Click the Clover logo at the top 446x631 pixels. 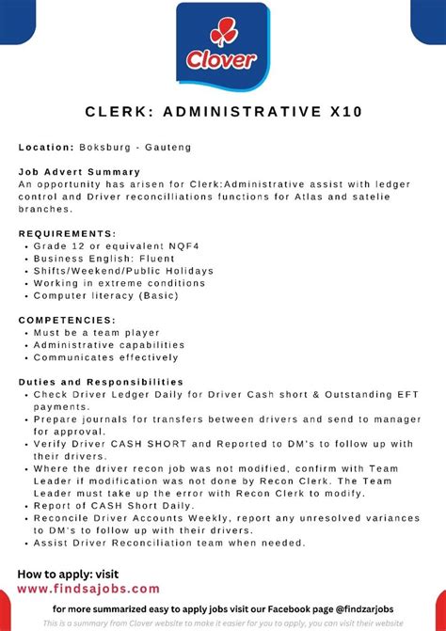[x=222, y=47]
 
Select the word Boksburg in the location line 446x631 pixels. [x=105, y=147]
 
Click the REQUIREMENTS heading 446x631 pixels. [x=67, y=233]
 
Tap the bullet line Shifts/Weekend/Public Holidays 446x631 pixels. [x=123, y=271]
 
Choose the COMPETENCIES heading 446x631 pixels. [x=67, y=320]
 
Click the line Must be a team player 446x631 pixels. [x=97, y=333]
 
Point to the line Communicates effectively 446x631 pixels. [x=106, y=357]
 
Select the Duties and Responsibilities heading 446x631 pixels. [x=101, y=382]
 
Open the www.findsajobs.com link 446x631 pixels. [x=88, y=589]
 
